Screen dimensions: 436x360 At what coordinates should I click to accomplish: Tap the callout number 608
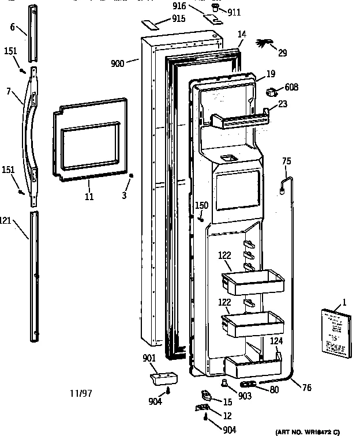pos(291,88)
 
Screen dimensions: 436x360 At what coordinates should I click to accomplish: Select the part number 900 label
pos(117,63)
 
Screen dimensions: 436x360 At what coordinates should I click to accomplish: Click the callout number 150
pos(201,205)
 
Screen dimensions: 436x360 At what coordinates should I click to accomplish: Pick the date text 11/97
pos(80,394)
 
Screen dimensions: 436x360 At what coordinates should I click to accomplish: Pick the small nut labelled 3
pos(132,176)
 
